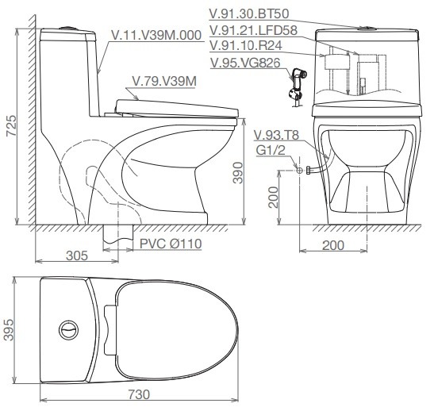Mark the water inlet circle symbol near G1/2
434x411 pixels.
pos(298,169)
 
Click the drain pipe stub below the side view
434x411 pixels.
pos(117,233)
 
